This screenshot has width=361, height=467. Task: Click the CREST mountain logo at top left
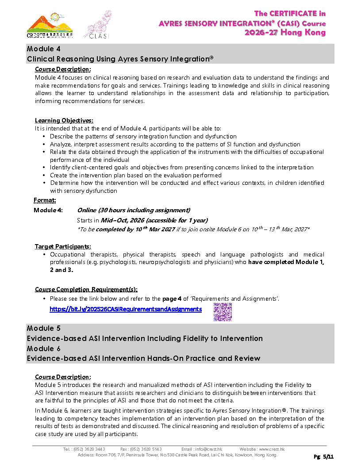[x=50, y=26]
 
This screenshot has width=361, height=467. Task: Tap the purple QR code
[x=223, y=312]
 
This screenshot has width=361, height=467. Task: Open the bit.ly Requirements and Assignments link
[x=126, y=309]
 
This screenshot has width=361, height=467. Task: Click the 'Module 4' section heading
[x=43, y=49]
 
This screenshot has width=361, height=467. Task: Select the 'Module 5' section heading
[x=43, y=328]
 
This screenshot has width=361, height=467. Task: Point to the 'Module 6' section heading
[x=43, y=348]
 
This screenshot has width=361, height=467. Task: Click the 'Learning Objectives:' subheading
[x=64, y=120]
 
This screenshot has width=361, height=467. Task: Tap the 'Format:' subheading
[x=45, y=200]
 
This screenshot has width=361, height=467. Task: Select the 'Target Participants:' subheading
[x=63, y=246]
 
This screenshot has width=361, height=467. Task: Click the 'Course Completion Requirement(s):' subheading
[x=86, y=290]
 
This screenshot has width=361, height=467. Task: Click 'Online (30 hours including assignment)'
[x=134, y=210]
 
